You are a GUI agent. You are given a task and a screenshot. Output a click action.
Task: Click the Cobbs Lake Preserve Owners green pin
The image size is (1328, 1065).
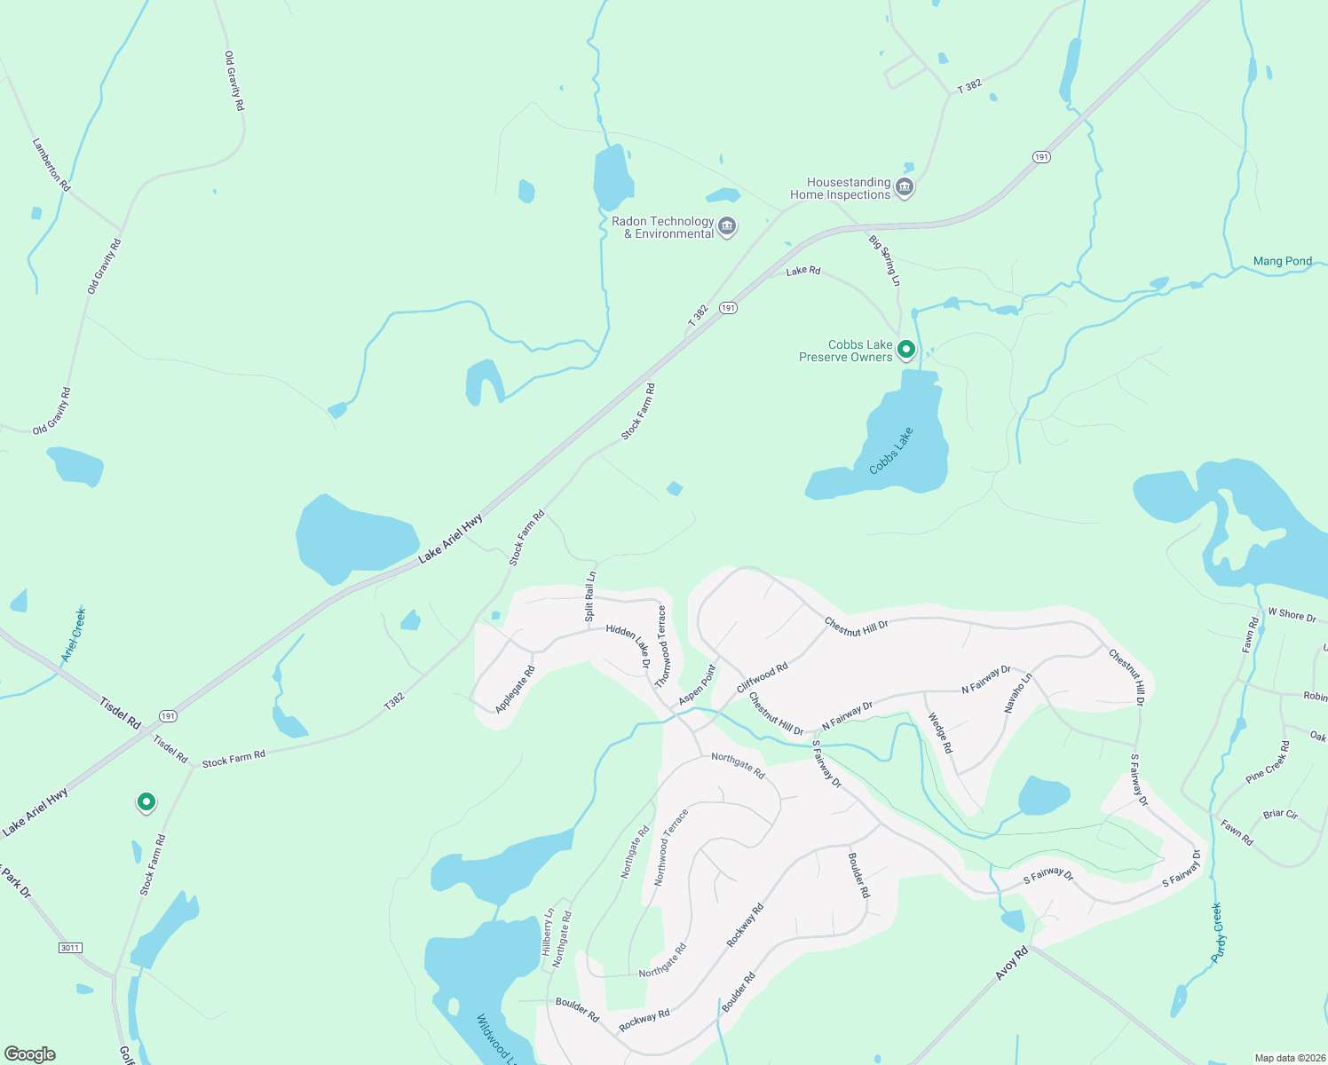(905, 350)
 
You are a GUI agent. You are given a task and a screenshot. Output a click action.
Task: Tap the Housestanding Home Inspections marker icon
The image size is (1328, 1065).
(905, 187)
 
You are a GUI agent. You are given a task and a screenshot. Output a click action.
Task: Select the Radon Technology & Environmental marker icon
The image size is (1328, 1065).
(727, 226)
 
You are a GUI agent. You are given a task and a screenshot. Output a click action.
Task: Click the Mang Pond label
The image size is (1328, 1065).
(1282, 261)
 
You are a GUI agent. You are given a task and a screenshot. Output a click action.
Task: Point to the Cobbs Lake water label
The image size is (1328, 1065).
(891, 451)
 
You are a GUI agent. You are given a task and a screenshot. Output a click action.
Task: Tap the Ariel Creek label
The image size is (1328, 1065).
(74, 635)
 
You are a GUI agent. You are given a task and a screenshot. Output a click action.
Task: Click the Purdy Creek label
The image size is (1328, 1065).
(1217, 933)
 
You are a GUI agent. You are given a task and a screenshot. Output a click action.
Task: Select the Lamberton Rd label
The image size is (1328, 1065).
(51, 164)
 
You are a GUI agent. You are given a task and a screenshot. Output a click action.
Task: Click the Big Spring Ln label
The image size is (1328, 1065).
(885, 260)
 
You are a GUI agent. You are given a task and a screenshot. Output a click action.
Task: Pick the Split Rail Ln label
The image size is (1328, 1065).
(590, 596)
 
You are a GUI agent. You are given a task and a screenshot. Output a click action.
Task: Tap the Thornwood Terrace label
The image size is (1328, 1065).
(661, 646)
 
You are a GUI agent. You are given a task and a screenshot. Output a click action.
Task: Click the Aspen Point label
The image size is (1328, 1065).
(698, 685)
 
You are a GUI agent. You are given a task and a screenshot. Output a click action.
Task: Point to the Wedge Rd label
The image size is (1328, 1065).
(940, 733)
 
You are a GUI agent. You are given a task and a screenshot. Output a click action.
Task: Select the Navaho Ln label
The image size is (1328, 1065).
(1018, 693)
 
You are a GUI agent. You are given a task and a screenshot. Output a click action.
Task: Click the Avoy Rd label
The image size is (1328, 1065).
(1011, 963)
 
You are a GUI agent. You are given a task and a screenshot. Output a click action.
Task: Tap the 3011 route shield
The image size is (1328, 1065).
(70, 948)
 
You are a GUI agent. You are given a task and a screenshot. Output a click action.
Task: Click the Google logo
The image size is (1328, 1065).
(30, 1054)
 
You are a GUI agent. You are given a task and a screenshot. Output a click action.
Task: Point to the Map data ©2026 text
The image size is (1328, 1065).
(1289, 1058)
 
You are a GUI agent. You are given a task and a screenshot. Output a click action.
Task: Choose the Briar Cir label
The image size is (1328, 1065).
(1280, 814)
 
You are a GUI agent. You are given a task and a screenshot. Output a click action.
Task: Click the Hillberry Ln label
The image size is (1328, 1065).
(548, 932)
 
